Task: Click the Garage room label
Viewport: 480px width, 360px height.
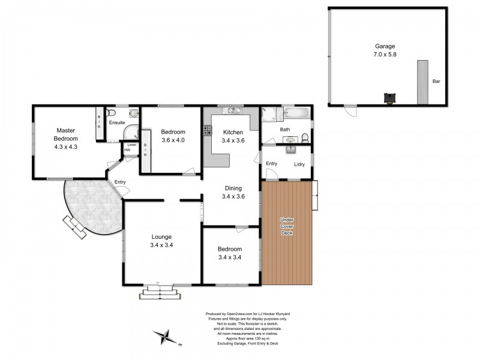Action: pyautogui.click(x=385, y=46)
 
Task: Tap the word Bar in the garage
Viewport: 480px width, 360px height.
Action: pyautogui.click(x=436, y=81)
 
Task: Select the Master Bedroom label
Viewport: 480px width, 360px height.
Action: pyautogui.click(x=66, y=134)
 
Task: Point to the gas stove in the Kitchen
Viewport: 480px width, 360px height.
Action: pyautogui.click(x=207, y=130)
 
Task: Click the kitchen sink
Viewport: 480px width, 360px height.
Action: pyautogui.click(x=232, y=110)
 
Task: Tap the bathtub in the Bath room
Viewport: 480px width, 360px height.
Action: pyautogui.click(x=296, y=113)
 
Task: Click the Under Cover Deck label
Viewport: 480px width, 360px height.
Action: pyautogui.click(x=287, y=226)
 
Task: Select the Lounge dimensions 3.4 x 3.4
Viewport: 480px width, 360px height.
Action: pyautogui.click(x=161, y=245)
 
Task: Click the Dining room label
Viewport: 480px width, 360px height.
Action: pyautogui.click(x=233, y=188)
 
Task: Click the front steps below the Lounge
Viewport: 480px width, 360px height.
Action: pyautogui.click(x=160, y=292)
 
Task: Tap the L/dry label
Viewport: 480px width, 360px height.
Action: pyautogui.click(x=299, y=164)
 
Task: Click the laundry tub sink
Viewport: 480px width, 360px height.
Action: pyautogui.click(x=290, y=149)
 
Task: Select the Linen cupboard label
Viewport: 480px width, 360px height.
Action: pyautogui.click(x=132, y=145)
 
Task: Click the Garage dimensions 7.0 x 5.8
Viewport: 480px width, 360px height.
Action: pyautogui.click(x=385, y=55)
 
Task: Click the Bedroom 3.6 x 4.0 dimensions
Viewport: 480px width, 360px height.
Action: pyautogui.click(x=173, y=140)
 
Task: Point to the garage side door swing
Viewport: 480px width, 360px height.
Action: pyautogui.click(x=350, y=110)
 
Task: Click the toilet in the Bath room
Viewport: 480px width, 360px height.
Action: pyautogui.click(x=305, y=138)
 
